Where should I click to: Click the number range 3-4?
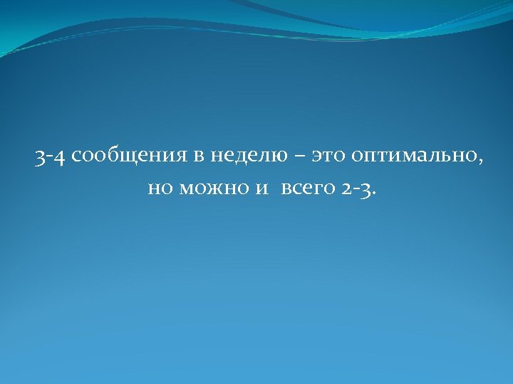[x=51, y=156]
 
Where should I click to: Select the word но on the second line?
[x=157, y=189]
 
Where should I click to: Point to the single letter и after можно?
[x=254, y=189]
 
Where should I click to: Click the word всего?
[x=304, y=189]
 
